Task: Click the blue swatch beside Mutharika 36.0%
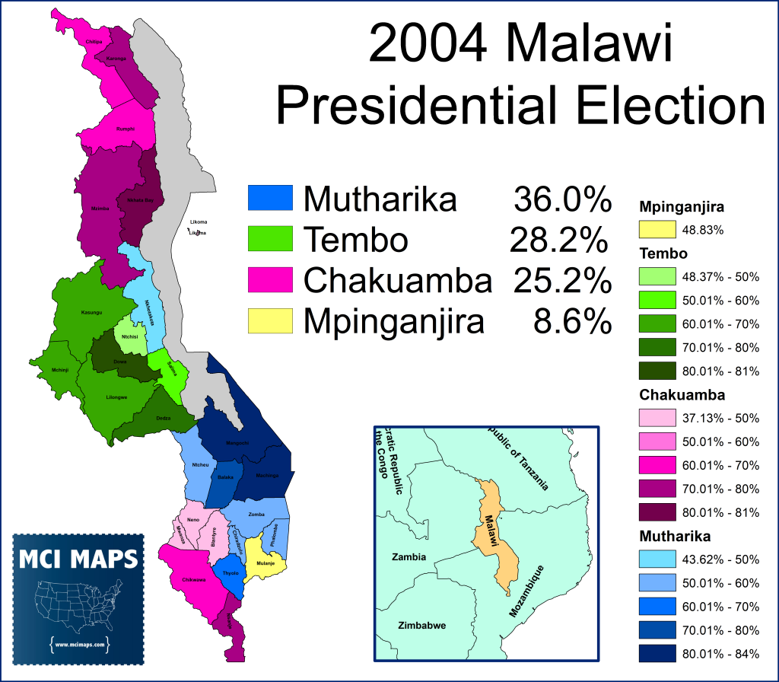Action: pyautogui.click(x=270, y=198)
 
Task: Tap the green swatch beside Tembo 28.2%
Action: pyautogui.click(x=270, y=239)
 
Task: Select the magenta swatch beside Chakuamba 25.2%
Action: pyautogui.click(x=270, y=280)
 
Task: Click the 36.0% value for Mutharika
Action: pyautogui.click(x=562, y=199)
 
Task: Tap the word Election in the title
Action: pyautogui.click(x=655, y=106)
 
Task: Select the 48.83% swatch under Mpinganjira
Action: pyautogui.click(x=658, y=229)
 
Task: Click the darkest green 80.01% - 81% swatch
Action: pyautogui.click(x=658, y=371)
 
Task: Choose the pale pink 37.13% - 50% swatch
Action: pyautogui.click(x=658, y=418)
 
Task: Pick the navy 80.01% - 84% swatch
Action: pyautogui.click(x=658, y=654)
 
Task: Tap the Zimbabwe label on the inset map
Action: pyautogui.click(x=421, y=626)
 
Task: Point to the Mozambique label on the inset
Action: pyautogui.click(x=527, y=591)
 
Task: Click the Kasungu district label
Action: pyautogui.click(x=91, y=312)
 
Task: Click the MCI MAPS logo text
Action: pyautogui.click(x=78, y=560)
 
